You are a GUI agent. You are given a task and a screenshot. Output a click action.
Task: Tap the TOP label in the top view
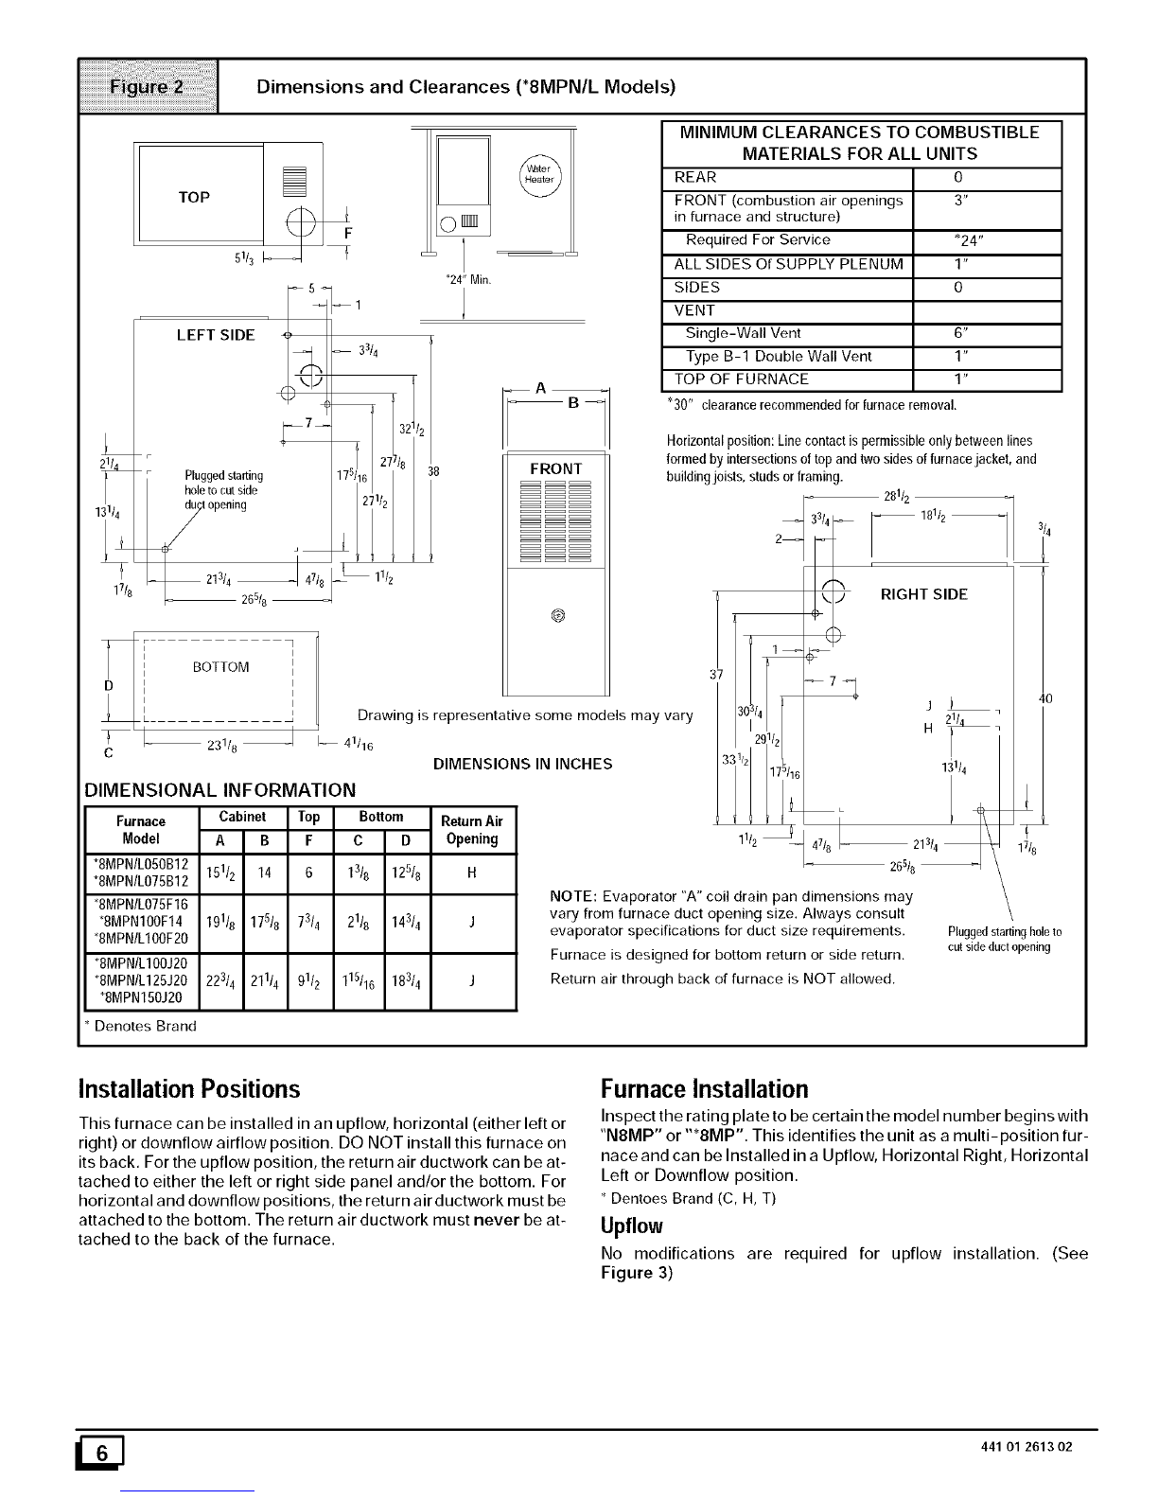tap(194, 197)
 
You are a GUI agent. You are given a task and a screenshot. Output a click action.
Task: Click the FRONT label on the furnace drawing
tap(556, 468)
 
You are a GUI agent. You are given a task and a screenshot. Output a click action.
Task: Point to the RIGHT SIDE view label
tap(923, 594)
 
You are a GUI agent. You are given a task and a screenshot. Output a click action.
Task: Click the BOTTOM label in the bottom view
tap(220, 666)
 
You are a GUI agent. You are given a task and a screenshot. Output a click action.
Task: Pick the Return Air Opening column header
tap(472, 829)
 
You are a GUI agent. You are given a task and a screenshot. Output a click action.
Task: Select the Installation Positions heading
tap(189, 1088)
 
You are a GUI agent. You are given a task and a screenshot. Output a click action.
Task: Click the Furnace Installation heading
tap(704, 1088)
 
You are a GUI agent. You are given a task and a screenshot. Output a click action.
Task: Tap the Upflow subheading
tap(632, 1226)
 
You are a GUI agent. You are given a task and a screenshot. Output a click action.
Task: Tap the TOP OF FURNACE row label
tap(741, 379)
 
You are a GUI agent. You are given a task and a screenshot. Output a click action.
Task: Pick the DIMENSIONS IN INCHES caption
tap(522, 763)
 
